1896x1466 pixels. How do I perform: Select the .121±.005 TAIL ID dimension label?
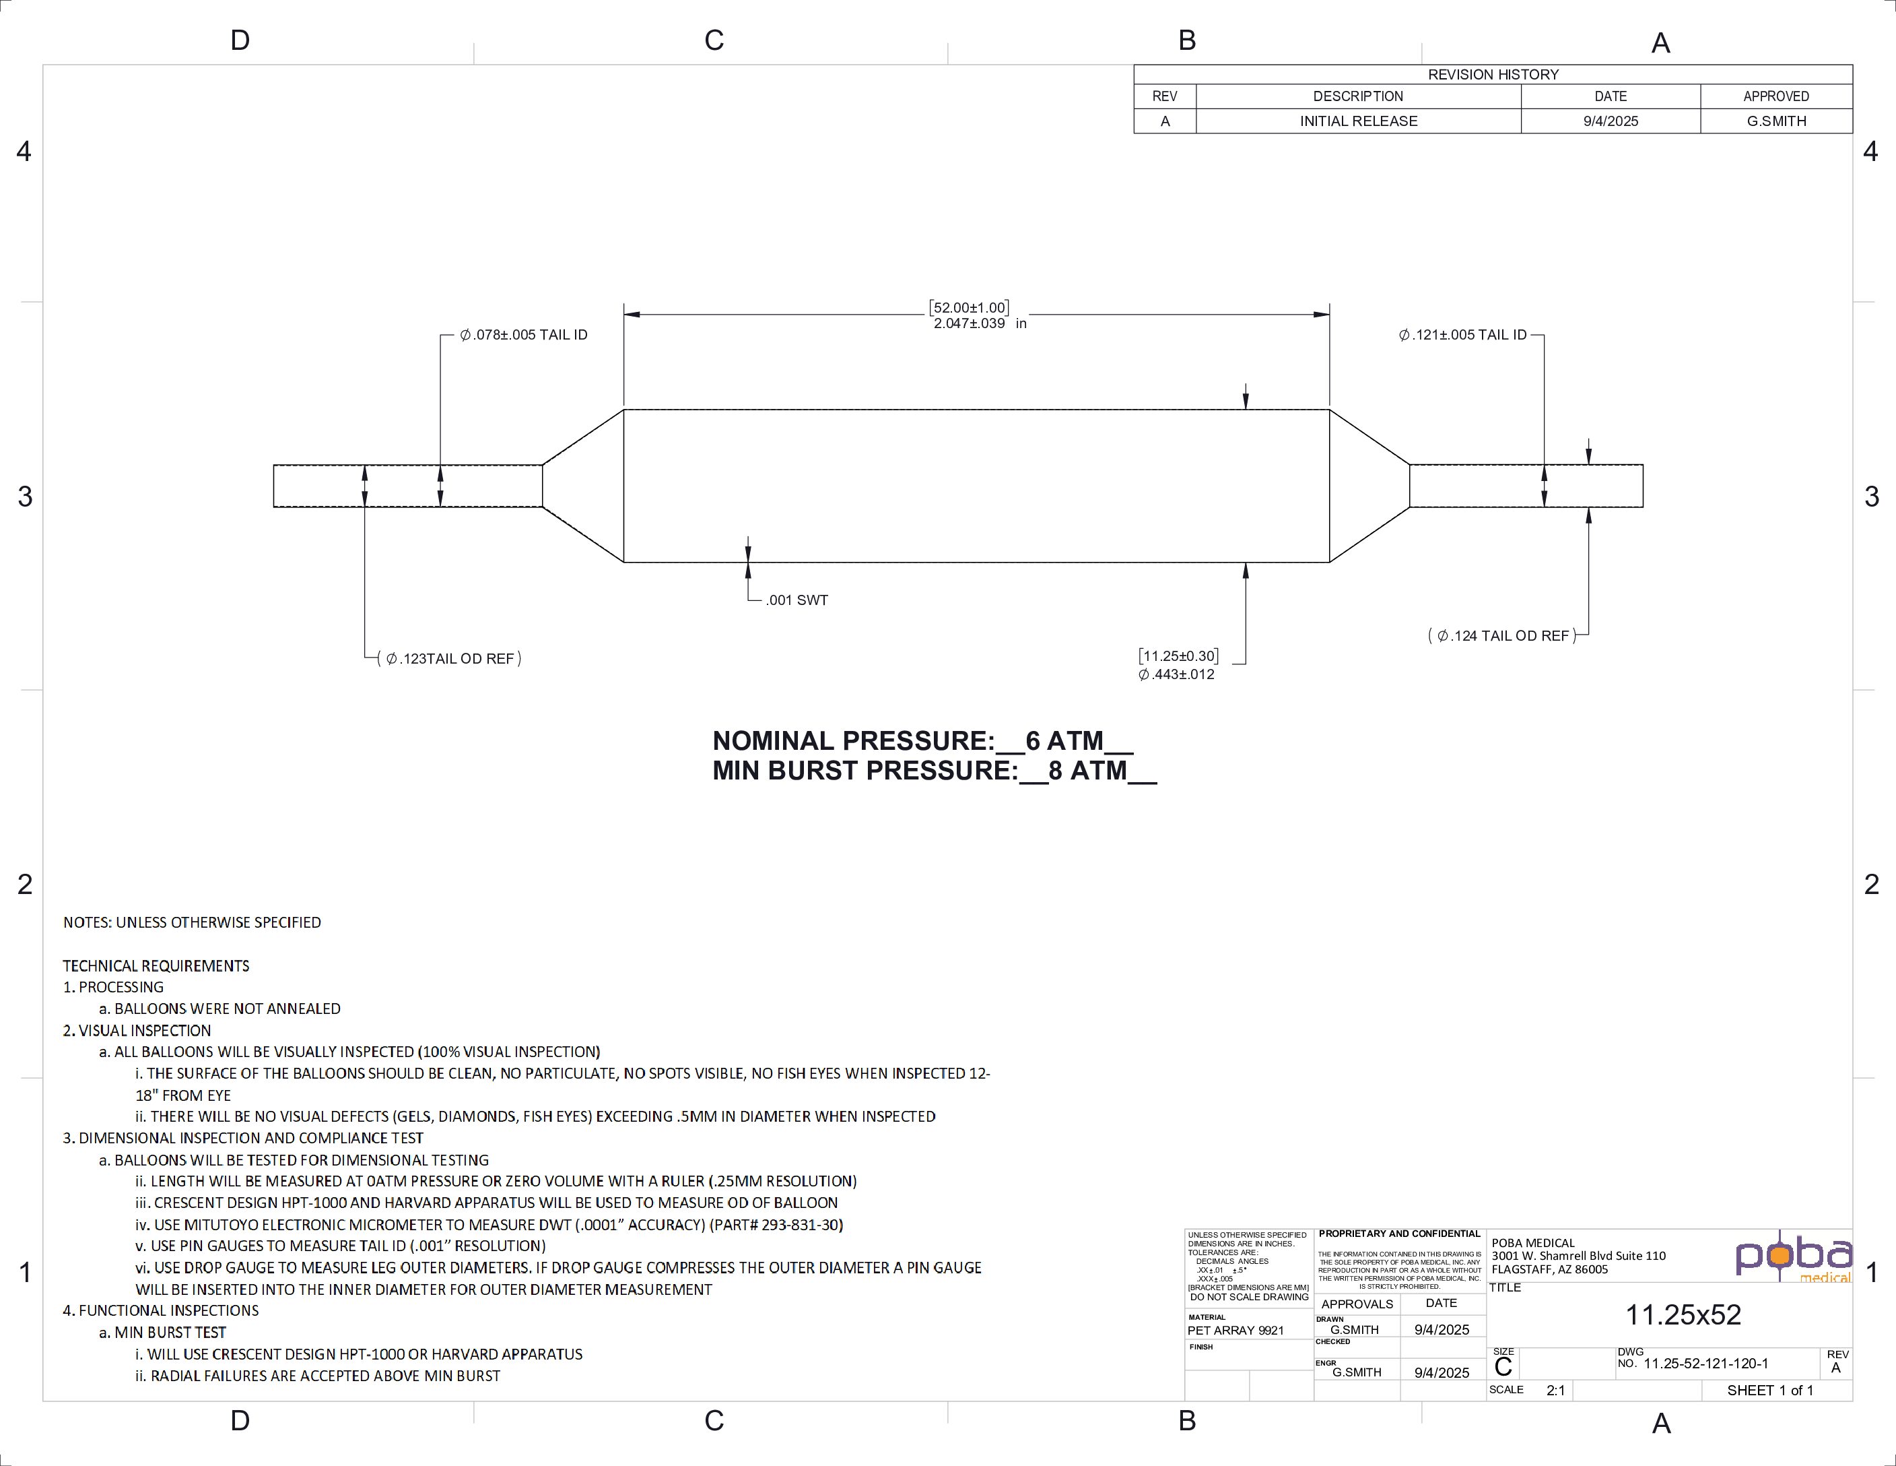(x=1463, y=336)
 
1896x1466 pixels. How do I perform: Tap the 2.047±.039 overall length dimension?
(x=970, y=324)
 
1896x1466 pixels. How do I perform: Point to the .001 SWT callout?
(x=797, y=600)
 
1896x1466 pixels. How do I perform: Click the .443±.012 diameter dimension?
(x=1176, y=675)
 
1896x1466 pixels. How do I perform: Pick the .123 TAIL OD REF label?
(x=450, y=659)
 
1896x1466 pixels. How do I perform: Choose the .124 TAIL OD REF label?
(x=1503, y=636)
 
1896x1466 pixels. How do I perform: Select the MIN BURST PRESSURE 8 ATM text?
(x=934, y=770)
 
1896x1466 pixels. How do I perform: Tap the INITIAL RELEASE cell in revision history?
(x=1358, y=121)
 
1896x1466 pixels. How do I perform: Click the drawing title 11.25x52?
(x=1683, y=1315)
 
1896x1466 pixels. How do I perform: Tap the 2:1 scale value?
(x=1555, y=1391)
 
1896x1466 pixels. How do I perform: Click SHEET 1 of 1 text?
(x=1769, y=1391)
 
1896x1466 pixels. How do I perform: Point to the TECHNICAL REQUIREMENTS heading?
(x=156, y=965)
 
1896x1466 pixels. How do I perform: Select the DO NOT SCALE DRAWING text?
(x=1248, y=1298)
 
